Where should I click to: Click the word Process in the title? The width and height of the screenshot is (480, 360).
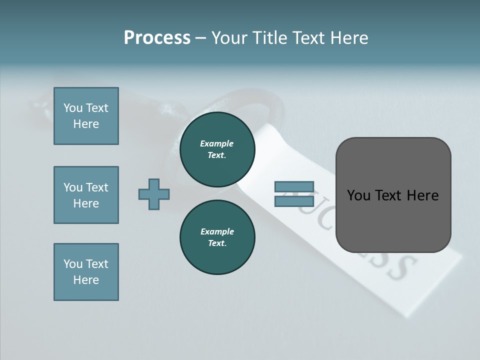(x=157, y=38)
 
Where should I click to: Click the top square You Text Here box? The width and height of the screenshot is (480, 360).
(x=86, y=116)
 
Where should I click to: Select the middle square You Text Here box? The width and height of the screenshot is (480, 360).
(x=86, y=195)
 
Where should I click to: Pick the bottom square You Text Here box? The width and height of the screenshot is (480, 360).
(x=86, y=272)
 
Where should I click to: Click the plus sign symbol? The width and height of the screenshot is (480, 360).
(x=154, y=194)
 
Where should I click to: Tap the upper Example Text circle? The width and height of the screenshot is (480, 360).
(x=217, y=149)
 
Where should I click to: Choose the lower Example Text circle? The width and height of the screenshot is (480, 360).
(x=217, y=237)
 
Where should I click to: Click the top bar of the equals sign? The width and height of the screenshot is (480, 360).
(x=294, y=187)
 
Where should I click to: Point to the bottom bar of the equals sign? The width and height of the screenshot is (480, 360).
(x=294, y=201)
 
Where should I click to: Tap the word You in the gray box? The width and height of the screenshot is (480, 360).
(x=358, y=195)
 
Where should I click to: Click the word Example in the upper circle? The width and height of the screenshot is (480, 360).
(x=217, y=143)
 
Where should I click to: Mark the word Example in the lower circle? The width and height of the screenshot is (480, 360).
(x=217, y=231)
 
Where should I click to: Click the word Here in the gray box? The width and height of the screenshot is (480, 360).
(x=423, y=195)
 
